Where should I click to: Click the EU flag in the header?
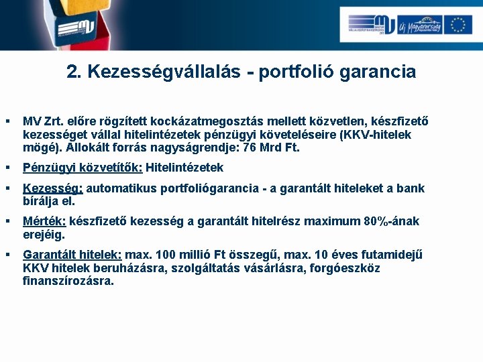pos(458,25)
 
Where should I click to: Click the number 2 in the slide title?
pos(72,72)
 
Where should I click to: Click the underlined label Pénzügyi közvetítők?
pos(83,168)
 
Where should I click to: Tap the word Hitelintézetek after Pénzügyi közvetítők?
pos(184,168)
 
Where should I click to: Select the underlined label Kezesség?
pos(53,188)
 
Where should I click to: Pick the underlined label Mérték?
pos(44,221)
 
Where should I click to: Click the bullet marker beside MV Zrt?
pos(7,122)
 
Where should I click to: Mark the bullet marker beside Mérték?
pos(7,221)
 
